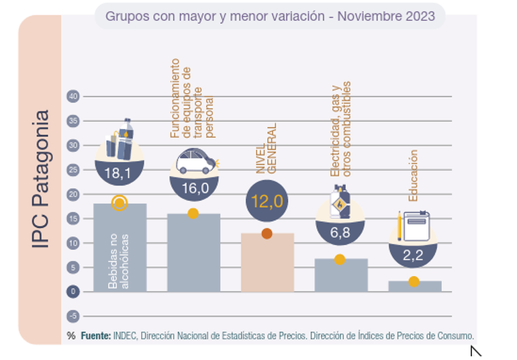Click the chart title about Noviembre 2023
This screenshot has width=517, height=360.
(269, 15)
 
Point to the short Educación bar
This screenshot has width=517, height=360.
(415, 287)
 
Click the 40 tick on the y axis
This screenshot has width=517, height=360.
(73, 96)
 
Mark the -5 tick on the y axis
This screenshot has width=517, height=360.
(73, 316)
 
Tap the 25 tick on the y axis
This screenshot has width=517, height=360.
(73, 169)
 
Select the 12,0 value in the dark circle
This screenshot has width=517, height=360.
(266, 200)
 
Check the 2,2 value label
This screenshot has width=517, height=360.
(413, 255)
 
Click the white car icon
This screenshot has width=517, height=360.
(195, 162)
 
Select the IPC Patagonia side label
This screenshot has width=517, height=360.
(41, 180)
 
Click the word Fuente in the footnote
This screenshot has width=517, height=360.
(96, 335)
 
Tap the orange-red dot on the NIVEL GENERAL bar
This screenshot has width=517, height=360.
(267, 234)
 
